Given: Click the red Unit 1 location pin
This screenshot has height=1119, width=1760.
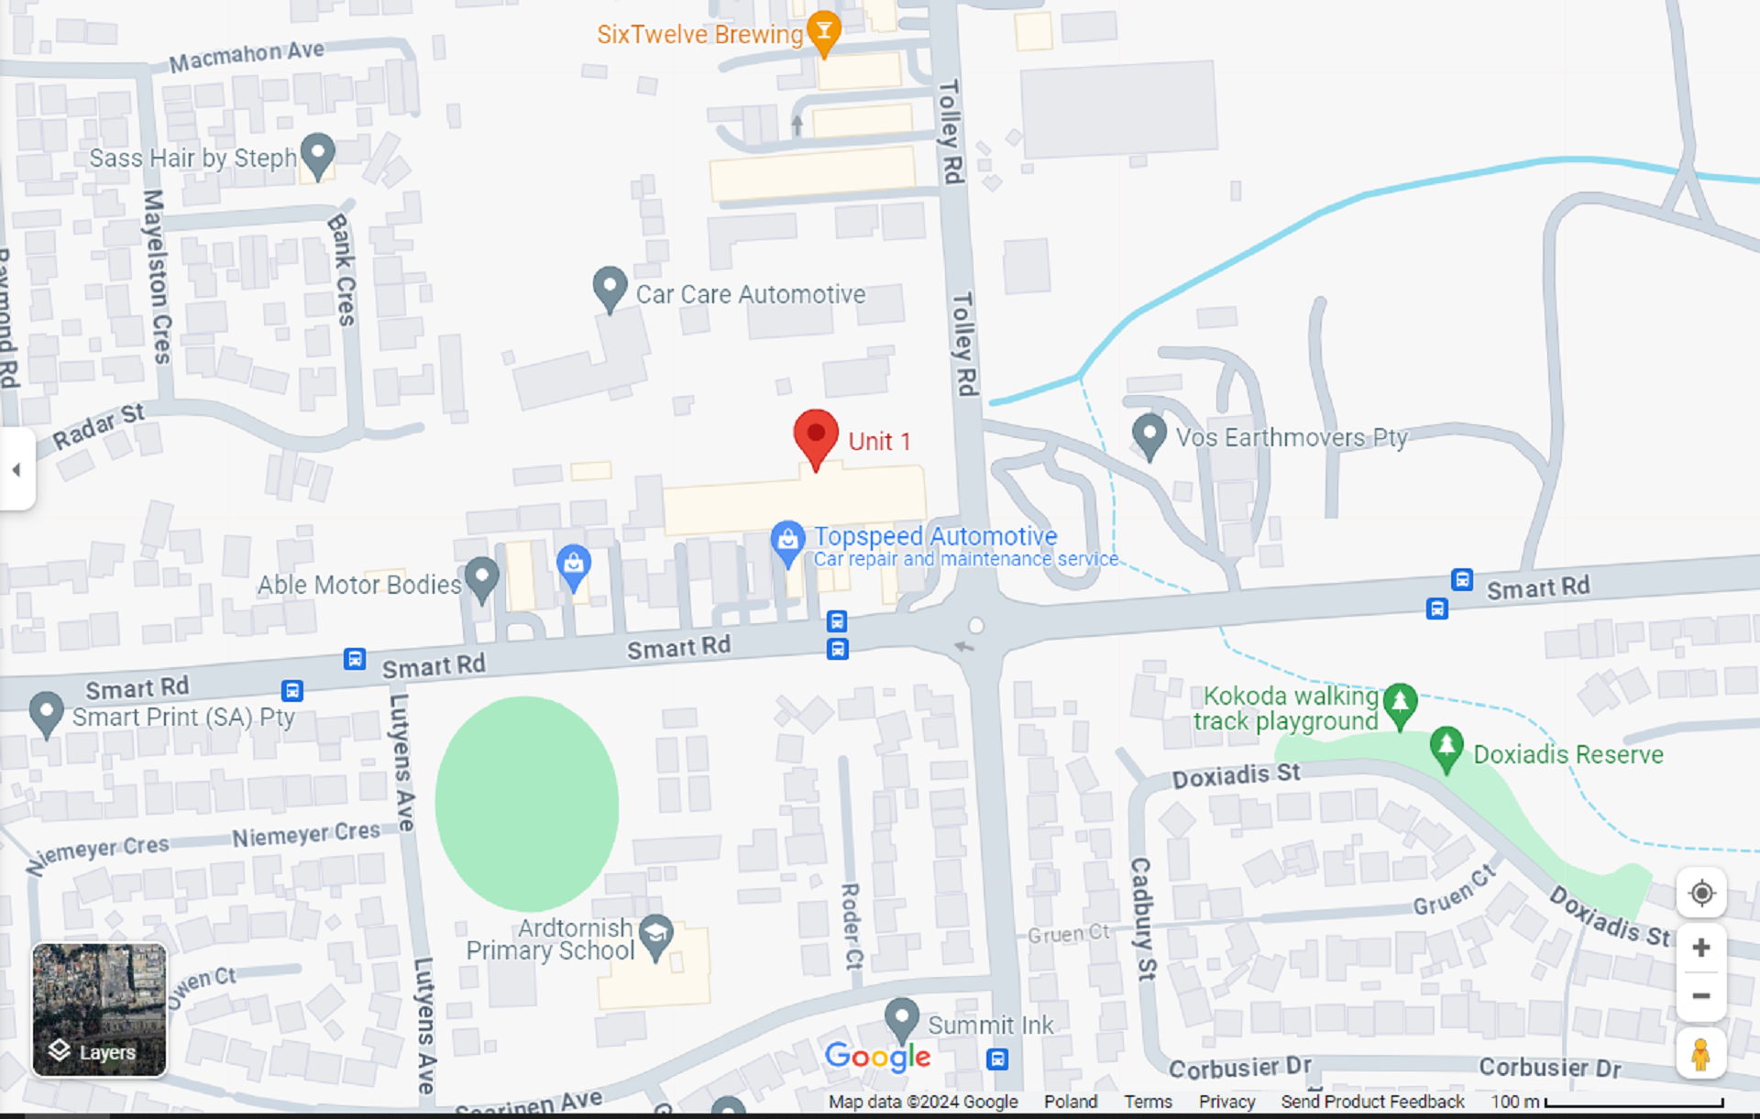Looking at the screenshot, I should pos(815,435).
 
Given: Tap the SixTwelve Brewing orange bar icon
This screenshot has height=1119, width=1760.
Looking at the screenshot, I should pos(824,32).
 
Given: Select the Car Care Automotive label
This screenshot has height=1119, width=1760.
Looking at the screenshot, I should pos(750,294).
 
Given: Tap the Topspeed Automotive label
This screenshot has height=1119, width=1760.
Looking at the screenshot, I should pos(935,536).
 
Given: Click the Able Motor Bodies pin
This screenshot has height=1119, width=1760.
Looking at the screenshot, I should pos(481,577).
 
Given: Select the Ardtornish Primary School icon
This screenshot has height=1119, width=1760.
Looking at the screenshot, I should pos(655,934).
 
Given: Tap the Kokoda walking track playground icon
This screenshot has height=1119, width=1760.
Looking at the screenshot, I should pos(1400,703).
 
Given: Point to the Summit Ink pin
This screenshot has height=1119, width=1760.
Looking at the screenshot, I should pos(901,1016).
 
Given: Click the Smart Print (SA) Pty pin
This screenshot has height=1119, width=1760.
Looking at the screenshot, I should pos(46,711).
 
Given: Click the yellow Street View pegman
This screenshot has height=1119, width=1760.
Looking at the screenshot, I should pos(1700,1054).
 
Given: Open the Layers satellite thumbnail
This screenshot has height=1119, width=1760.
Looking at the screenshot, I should pos(99,1009).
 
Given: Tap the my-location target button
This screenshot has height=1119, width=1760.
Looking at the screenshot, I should pos(1701,893).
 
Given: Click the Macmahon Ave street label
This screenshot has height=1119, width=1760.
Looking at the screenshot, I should pos(247,56).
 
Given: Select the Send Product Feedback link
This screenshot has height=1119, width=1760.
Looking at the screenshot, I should pos(1372,1102).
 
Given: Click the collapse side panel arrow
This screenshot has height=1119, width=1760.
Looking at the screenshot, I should pos(16,469).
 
